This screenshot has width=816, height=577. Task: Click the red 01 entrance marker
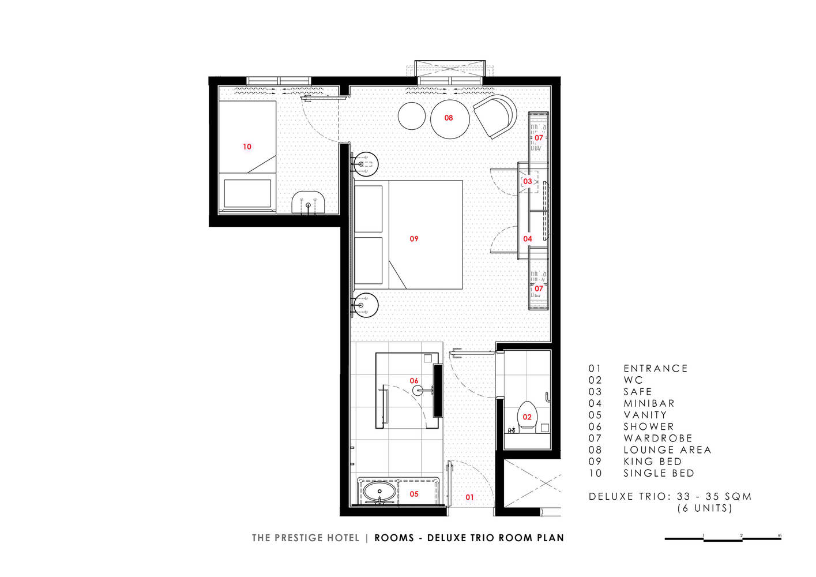click(x=469, y=497)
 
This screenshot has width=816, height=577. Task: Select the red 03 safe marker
click(x=528, y=181)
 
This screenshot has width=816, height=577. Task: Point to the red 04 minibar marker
click(x=528, y=239)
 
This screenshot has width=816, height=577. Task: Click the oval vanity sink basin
click(x=379, y=492)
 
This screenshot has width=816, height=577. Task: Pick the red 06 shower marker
click(x=414, y=381)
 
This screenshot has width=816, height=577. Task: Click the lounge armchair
click(x=495, y=117)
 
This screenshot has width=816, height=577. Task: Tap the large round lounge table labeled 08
click(x=450, y=119)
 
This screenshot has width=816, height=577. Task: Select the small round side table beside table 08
click(x=412, y=116)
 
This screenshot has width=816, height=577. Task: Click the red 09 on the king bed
click(x=414, y=239)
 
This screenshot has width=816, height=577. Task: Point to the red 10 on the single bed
click(x=247, y=147)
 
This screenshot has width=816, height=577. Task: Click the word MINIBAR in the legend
click(x=649, y=403)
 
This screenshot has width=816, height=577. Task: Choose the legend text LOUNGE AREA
click(x=667, y=450)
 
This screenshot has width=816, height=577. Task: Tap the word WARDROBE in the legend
click(x=658, y=438)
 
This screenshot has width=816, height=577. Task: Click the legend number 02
click(x=595, y=380)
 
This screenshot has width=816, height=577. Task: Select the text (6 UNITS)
click(x=705, y=508)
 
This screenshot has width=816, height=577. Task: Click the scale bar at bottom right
click(x=723, y=538)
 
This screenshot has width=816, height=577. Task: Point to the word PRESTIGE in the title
click(x=299, y=538)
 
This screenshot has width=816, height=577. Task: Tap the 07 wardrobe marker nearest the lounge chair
click(x=539, y=138)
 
